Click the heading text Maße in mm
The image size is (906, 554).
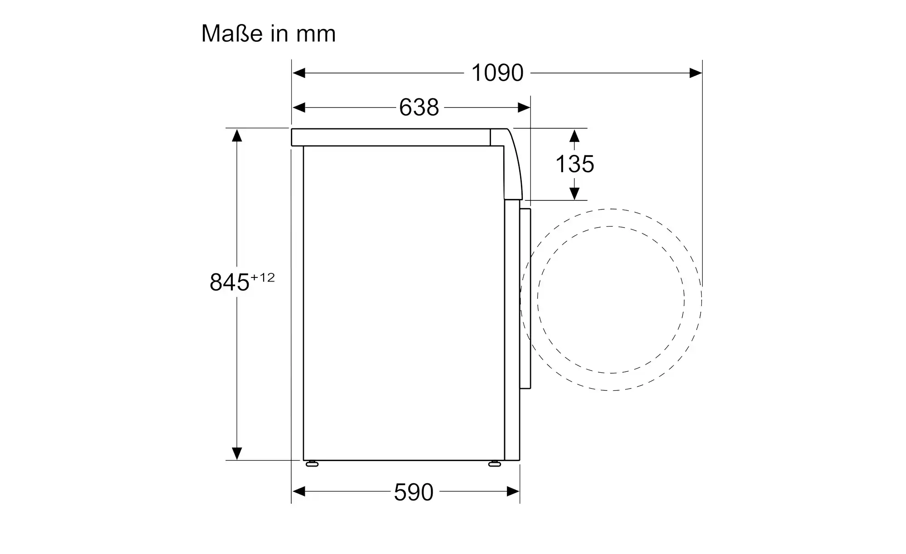[268, 34]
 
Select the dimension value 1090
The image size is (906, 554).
[497, 73]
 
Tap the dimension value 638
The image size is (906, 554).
[419, 107]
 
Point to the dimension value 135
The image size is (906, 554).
[574, 164]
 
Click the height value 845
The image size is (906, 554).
[230, 282]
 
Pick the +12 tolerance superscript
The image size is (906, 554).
[262, 277]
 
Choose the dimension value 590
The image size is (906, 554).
[414, 492]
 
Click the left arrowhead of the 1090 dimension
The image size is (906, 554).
[299, 73]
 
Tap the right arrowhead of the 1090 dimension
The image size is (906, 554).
[695, 73]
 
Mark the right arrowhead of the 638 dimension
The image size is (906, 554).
[524, 107]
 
